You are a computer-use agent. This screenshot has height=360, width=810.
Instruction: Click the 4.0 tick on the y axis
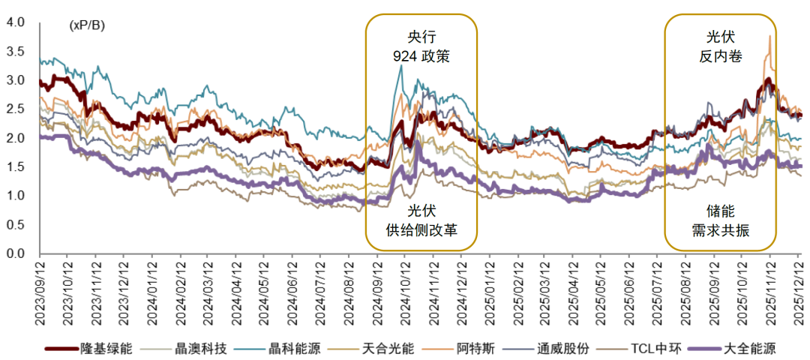(x=15, y=23)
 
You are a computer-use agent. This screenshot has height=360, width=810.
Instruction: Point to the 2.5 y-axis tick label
(x=15, y=109)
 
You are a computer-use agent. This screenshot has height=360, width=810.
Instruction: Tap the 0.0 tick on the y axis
(x=15, y=253)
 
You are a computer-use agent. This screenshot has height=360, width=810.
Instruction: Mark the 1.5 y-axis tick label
(x=15, y=167)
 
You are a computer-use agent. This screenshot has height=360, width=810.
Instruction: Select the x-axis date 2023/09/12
(x=40, y=292)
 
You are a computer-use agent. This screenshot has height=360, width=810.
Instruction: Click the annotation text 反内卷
(x=721, y=56)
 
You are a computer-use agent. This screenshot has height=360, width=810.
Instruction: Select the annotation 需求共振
(x=721, y=229)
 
